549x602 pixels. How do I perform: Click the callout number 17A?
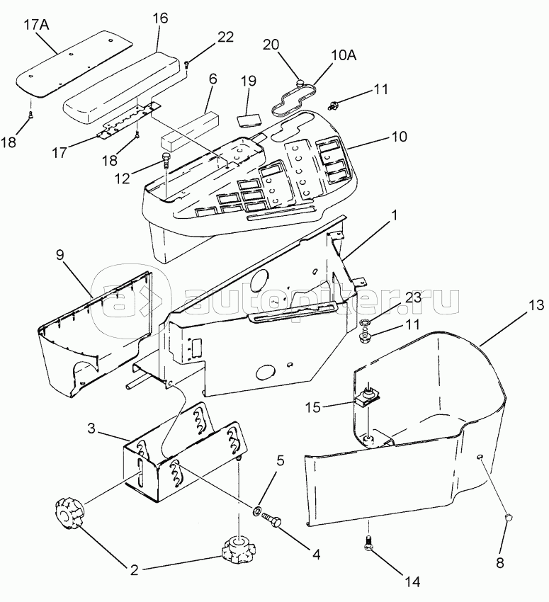coord(37,25)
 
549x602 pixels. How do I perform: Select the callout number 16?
coord(160,18)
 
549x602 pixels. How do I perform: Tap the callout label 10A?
coord(344,55)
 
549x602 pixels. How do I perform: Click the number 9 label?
coord(60,255)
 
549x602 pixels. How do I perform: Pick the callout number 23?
coord(413,297)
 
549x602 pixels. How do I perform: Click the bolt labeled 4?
coord(272,519)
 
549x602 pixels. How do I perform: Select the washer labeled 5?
coord(257,510)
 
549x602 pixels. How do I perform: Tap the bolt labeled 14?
coord(368,541)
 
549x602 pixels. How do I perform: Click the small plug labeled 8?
coord(509,517)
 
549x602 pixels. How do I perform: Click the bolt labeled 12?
coord(166,159)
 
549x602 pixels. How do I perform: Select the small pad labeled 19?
coord(249,120)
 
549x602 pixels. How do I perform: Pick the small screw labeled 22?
coord(187,64)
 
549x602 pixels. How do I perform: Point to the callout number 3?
coord(91,428)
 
